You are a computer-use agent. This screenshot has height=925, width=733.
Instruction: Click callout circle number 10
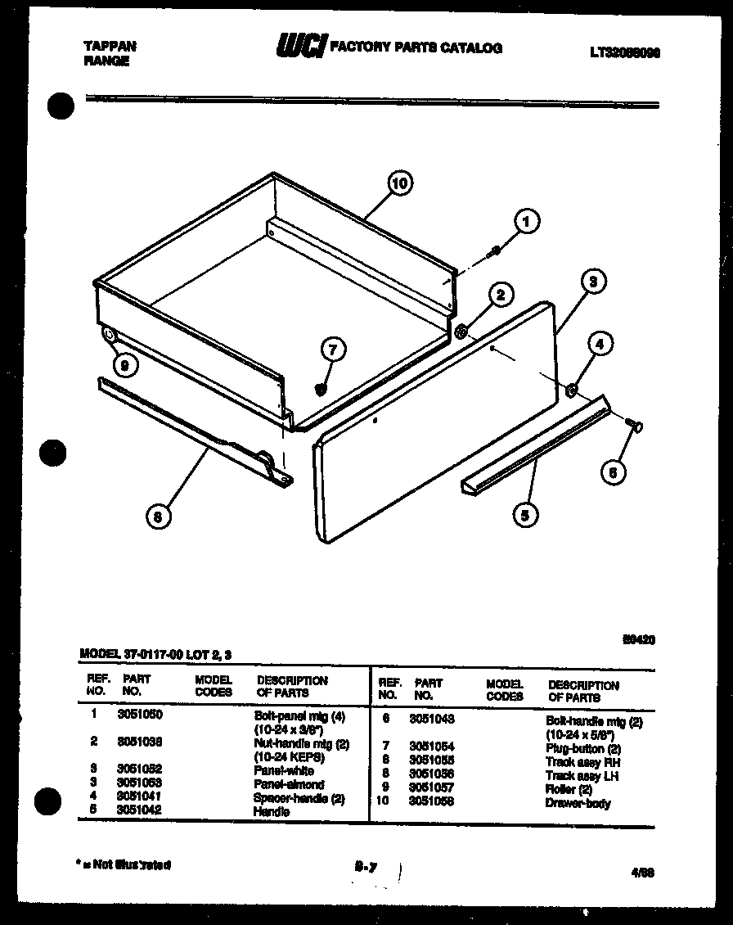(399, 183)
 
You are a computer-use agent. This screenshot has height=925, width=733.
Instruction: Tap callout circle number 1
(527, 221)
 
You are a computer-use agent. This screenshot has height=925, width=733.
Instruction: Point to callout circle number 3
(616, 282)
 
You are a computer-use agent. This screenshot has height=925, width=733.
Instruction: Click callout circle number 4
(600, 345)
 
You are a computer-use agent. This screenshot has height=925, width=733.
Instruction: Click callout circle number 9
(124, 367)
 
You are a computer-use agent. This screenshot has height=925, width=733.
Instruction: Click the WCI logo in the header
(300, 47)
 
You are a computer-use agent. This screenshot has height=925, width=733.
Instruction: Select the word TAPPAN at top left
(110, 47)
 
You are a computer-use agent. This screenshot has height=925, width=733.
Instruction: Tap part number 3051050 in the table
(139, 714)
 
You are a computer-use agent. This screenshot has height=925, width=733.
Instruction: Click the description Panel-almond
(288, 784)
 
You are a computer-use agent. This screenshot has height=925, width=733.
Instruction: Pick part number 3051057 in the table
(432, 787)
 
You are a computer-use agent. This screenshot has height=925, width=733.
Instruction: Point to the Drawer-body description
(578, 803)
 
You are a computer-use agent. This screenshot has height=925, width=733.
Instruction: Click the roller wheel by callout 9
(107, 334)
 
